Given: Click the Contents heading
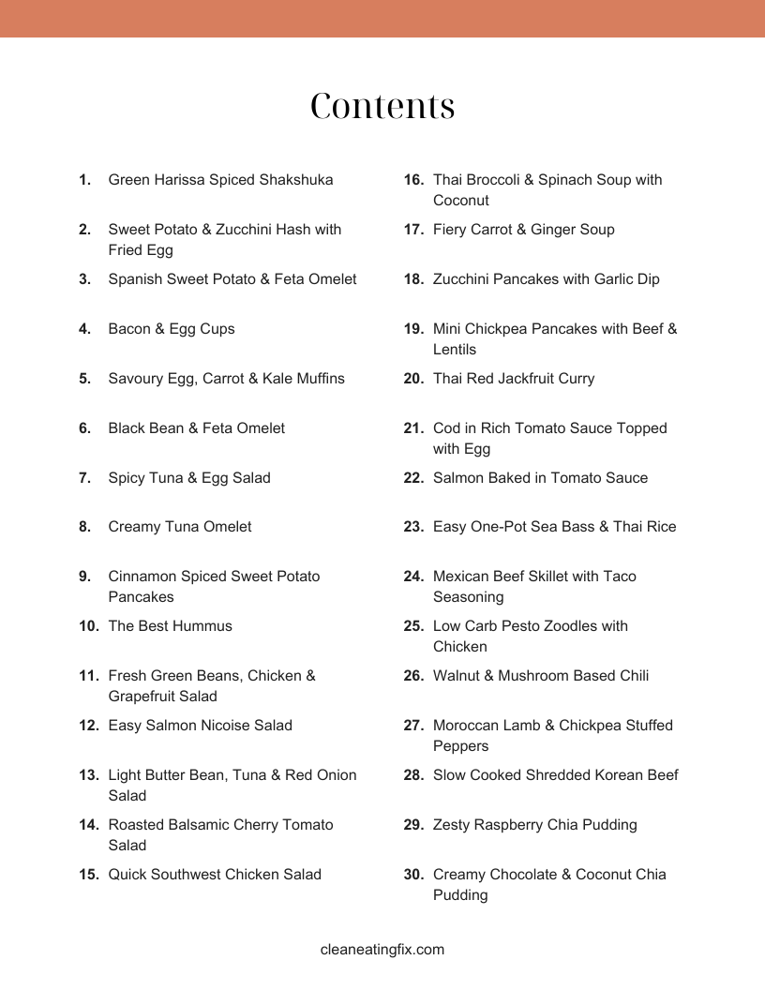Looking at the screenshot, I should [x=382, y=107].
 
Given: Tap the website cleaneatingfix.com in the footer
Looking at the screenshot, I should [x=382, y=950].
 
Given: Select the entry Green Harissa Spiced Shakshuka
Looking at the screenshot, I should [x=220, y=180].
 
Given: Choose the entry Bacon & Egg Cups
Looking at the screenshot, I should [x=172, y=329].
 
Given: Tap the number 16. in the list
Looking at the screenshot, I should [x=414, y=180].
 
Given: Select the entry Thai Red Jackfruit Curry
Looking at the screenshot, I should [x=514, y=379].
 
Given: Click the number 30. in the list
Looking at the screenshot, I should [x=414, y=875].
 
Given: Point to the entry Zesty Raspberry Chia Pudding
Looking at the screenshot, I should [x=534, y=825].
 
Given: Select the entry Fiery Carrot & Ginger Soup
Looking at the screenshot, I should [x=523, y=230].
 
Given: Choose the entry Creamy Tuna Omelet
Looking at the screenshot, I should [x=180, y=527].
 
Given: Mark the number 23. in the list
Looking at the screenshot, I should [x=414, y=527].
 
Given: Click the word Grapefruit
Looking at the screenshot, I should [x=142, y=697].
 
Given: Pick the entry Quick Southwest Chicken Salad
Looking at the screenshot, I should [x=215, y=875].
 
